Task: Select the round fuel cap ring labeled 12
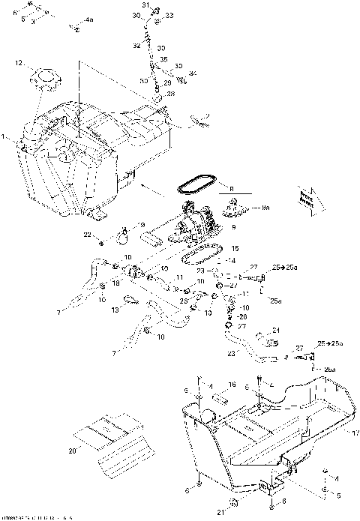tap(44, 78)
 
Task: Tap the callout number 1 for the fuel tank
tap(5, 137)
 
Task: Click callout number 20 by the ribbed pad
tap(73, 451)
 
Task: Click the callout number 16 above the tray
tap(232, 384)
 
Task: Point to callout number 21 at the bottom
tap(220, 511)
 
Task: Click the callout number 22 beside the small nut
tap(87, 235)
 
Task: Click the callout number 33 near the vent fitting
tap(168, 15)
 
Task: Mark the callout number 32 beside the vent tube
tap(136, 46)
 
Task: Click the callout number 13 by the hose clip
tap(115, 309)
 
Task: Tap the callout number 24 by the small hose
tap(276, 330)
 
